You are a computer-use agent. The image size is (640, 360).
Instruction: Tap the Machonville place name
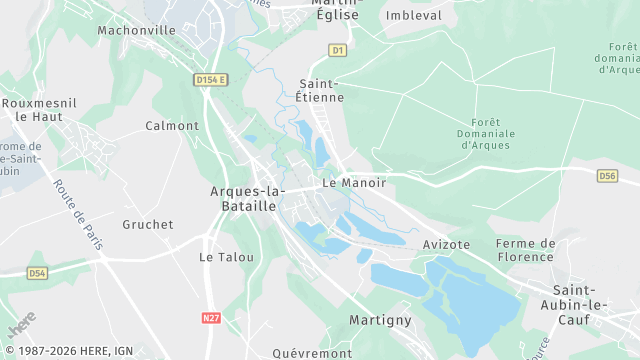tap(136, 30)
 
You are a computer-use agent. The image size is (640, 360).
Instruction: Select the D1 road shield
tap(337, 49)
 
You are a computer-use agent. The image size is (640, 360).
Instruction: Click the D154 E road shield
tap(212, 79)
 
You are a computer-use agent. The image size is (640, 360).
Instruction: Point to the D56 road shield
tap(607, 176)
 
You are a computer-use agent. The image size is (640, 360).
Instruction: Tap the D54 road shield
tap(37, 272)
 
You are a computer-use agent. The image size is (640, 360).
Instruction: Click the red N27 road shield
tap(211, 318)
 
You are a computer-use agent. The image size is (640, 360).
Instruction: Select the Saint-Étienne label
tap(322, 90)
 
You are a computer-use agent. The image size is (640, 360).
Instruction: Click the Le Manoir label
tap(348, 183)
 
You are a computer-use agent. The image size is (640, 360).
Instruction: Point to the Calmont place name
tap(172, 126)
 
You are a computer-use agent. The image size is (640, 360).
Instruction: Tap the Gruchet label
tap(148, 225)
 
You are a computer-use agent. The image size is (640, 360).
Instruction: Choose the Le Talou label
tap(226, 257)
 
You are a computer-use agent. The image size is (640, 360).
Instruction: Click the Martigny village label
tap(380, 320)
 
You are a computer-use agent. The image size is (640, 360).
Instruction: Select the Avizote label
tap(446, 244)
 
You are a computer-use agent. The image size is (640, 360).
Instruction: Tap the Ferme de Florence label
tap(525, 250)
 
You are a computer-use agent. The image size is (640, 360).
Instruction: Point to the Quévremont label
tap(312, 353)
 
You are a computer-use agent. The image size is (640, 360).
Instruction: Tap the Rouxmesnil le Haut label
tap(34, 109)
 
